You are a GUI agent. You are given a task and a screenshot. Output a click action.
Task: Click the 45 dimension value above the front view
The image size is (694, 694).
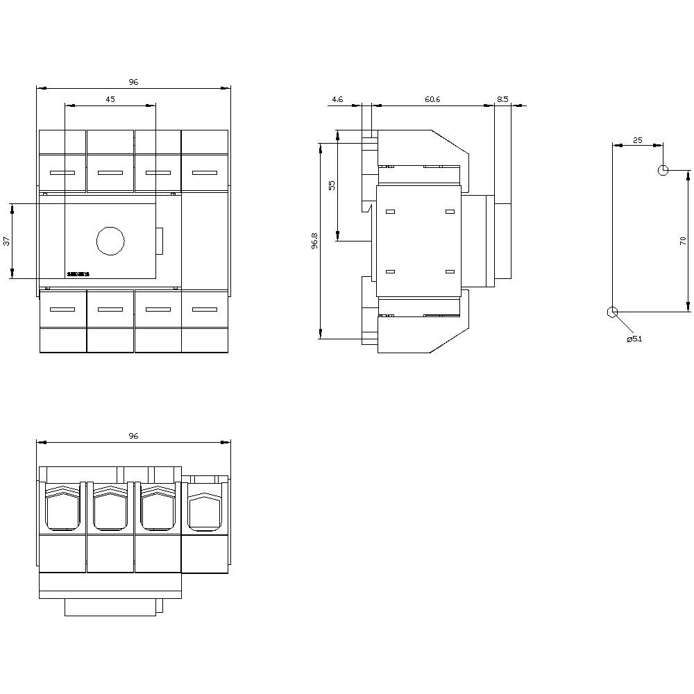110,99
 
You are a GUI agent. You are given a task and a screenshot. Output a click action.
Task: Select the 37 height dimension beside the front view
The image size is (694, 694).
7,242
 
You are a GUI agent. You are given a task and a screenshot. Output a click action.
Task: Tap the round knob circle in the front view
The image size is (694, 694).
109,240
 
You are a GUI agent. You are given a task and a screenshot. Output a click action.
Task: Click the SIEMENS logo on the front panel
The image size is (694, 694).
78,274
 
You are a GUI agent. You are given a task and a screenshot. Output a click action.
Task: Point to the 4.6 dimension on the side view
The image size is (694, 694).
337,100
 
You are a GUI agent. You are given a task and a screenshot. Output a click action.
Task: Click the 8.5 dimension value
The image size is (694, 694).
502,100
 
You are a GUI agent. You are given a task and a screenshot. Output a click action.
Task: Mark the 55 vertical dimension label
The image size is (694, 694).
332,185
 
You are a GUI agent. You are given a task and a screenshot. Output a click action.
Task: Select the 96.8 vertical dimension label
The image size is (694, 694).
314,241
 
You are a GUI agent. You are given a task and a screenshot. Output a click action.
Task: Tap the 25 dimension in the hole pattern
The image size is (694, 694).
638,140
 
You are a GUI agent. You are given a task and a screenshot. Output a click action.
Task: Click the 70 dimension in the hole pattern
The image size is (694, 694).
683,241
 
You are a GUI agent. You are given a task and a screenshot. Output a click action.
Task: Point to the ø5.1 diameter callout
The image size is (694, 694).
634,339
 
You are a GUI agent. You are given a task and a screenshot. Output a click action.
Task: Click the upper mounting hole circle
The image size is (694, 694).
663,170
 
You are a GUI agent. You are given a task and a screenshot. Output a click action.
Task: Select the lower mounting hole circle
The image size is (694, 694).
612,312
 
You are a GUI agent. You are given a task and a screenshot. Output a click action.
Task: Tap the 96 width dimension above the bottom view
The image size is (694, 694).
133,436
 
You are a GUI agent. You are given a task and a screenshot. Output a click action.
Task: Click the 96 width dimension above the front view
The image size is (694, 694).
133,82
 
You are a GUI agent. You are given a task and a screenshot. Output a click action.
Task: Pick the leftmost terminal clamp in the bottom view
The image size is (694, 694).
62,507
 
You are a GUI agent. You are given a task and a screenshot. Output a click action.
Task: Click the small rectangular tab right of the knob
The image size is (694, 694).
160,241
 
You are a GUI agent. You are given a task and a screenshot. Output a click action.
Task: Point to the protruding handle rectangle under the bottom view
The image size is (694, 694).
113,607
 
